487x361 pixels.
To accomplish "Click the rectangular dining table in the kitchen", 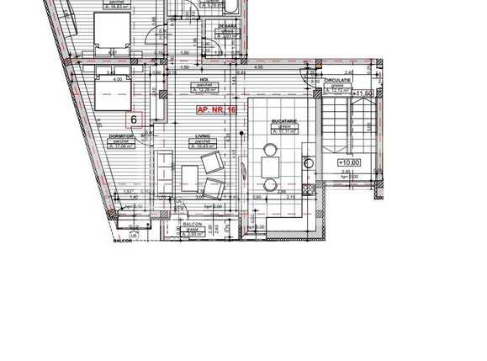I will coord(271,166).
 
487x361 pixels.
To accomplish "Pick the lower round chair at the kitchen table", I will coord(270,182).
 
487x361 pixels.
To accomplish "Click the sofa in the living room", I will coord(164,169).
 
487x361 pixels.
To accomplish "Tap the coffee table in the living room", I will coord(189,177).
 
